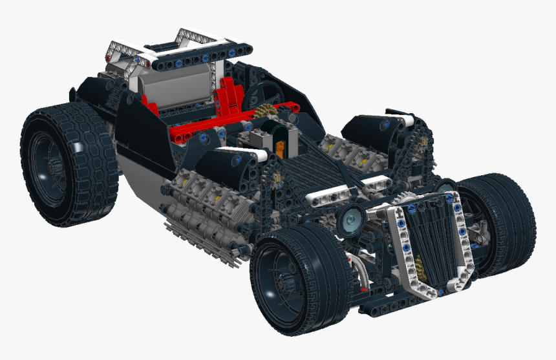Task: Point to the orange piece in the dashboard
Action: click(280, 146)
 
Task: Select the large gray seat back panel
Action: click(175, 87)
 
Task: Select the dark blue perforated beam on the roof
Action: click(187, 62)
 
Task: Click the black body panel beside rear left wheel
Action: click(139, 132)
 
